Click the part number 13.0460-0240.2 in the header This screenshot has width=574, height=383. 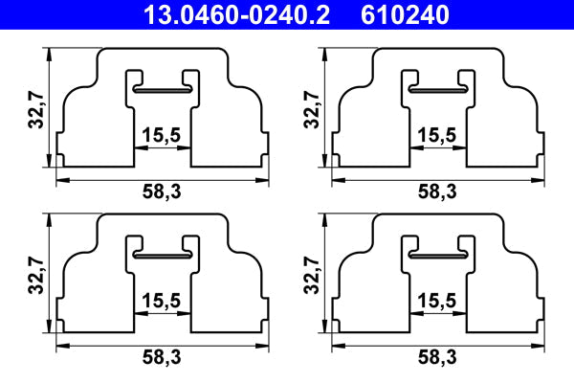point(236,15)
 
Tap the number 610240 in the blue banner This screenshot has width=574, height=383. point(405,15)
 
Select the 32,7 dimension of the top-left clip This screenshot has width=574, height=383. point(36,110)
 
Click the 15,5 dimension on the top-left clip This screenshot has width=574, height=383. point(162,134)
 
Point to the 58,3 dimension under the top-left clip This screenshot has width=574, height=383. point(162,191)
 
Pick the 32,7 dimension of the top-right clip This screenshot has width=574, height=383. point(312,110)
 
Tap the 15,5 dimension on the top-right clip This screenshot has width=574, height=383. point(437,134)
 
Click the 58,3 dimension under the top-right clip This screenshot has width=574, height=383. point(437,191)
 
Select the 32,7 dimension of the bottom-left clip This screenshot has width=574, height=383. point(36,276)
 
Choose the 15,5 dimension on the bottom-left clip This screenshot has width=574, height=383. point(162,301)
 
